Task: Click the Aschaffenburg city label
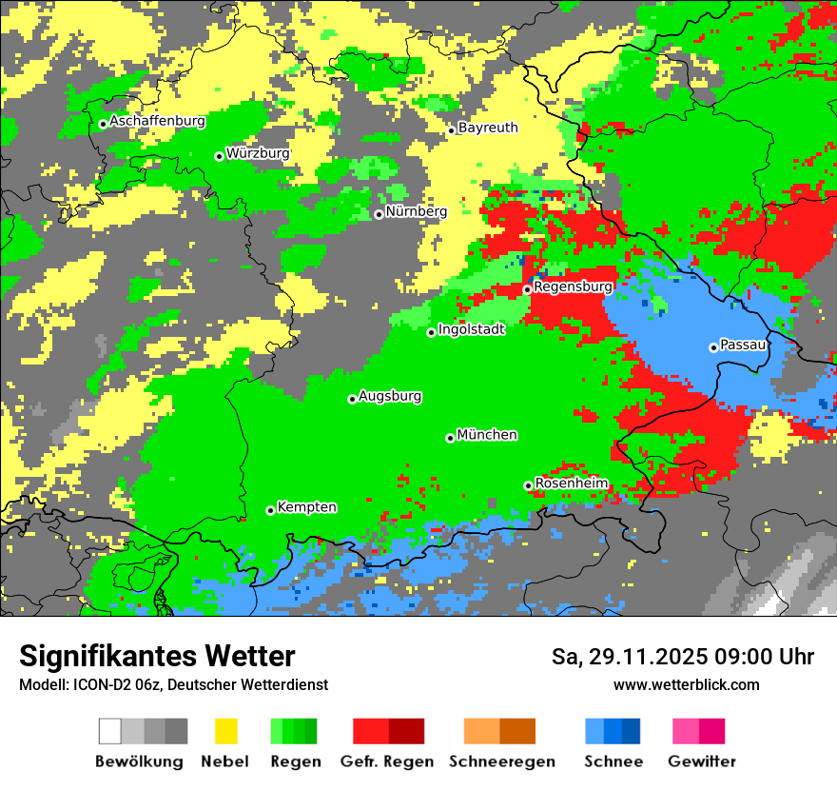click(157, 121)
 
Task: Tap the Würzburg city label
click(258, 152)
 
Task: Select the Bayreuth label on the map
click(488, 128)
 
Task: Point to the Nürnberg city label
click(416, 211)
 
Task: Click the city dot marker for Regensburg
click(528, 289)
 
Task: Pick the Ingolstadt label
click(471, 329)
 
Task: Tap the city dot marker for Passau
click(713, 347)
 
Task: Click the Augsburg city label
click(390, 396)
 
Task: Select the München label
click(487, 435)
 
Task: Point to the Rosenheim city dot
click(528, 485)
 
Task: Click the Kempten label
click(306, 507)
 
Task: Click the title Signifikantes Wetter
click(157, 657)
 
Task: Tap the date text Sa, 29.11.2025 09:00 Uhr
click(682, 657)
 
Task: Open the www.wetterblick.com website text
click(686, 685)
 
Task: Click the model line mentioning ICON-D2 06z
click(173, 685)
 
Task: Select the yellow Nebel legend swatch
click(225, 731)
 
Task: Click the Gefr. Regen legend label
click(387, 761)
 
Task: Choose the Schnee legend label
click(613, 761)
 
